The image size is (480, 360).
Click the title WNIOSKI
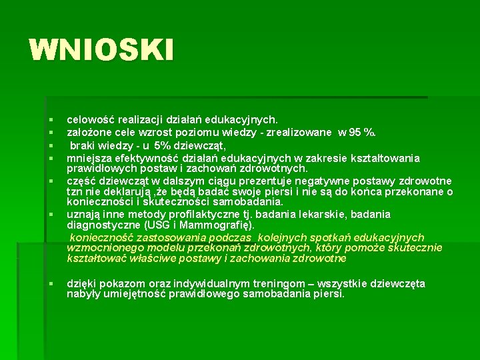101,49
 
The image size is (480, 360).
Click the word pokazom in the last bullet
120,284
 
